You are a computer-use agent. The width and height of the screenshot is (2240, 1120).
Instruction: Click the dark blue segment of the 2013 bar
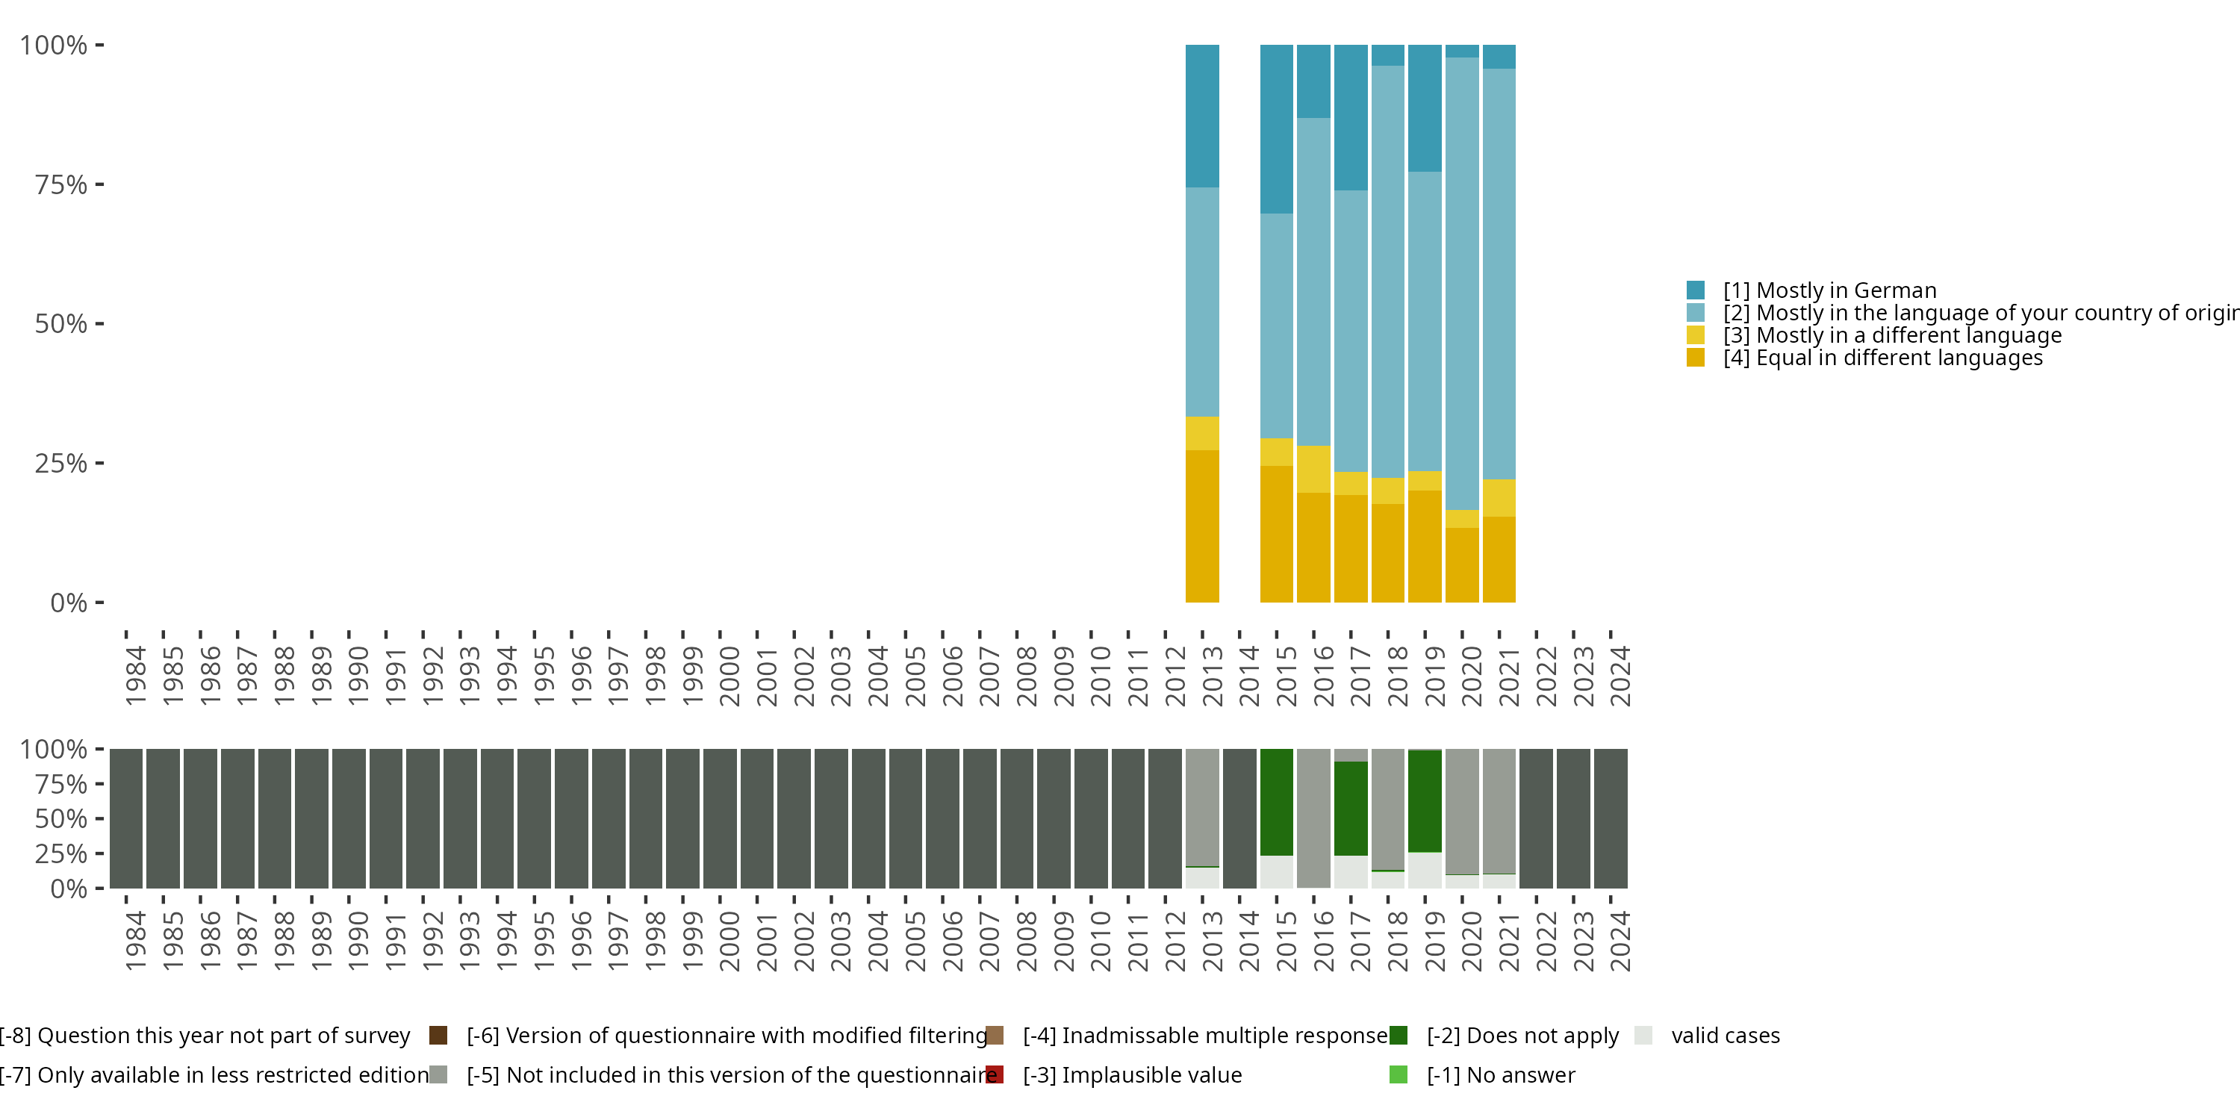point(1201,116)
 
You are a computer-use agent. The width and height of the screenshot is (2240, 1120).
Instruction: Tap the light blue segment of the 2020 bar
point(1462,284)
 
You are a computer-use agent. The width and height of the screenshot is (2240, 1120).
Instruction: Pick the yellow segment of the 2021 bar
point(1499,497)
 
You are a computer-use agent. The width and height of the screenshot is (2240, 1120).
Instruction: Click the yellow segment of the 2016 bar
point(1313,469)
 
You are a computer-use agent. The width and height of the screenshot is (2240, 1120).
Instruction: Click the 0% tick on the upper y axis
point(69,603)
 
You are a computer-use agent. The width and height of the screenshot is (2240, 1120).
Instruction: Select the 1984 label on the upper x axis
point(136,676)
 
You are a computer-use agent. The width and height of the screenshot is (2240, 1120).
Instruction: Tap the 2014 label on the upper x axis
point(1248,676)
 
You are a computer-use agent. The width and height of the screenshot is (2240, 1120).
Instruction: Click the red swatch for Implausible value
point(995,1074)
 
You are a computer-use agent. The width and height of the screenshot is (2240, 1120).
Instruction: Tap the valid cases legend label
point(1726,1036)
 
